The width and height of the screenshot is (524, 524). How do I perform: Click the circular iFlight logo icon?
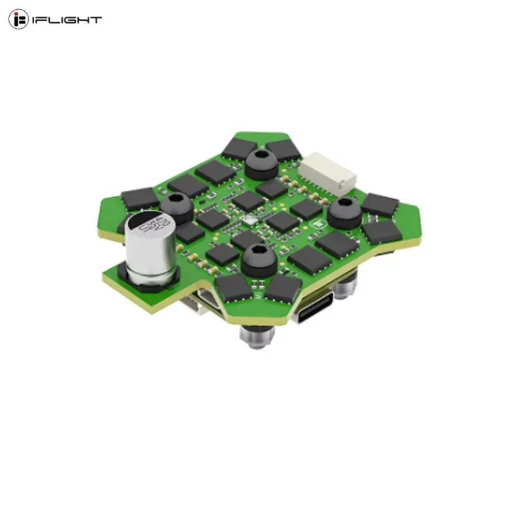(18, 20)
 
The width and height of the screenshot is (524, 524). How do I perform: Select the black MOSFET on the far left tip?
(140, 197)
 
